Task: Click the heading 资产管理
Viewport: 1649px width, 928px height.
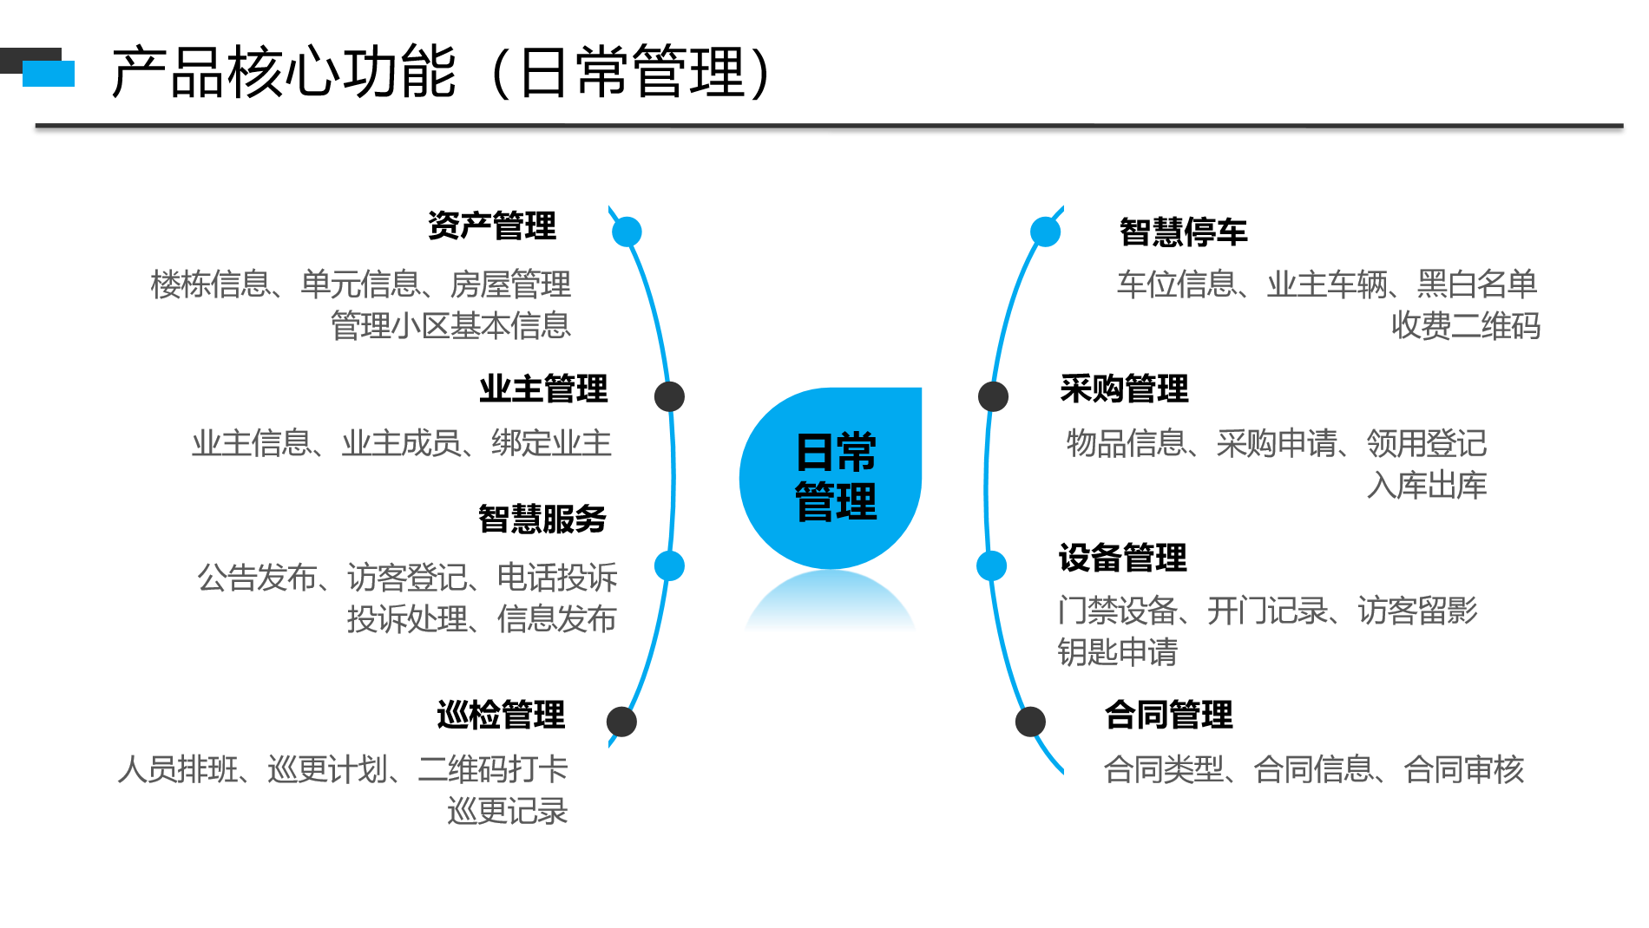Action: pos(492,225)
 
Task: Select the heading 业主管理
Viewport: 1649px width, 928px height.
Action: pos(543,389)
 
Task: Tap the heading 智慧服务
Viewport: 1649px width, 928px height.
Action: pos(542,519)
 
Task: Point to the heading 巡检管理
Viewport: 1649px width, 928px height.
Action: pos(501,715)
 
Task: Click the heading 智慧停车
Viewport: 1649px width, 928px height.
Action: pos(1183,232)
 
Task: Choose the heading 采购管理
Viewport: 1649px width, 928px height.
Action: pos(1124,389)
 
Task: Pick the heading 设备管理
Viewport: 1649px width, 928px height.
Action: pos(1122,558)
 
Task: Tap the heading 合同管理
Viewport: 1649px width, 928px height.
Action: pos(1168,715)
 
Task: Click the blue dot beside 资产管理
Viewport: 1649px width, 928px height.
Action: pos(627,232)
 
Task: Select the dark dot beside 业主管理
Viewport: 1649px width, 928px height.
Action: pos(669,396)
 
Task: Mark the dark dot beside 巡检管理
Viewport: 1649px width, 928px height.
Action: pos(621,722)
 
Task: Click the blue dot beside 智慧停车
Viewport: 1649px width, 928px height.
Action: pos(1045,232)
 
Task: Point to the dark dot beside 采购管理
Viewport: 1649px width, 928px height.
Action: pos(993,396)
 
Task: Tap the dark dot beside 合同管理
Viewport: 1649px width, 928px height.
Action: pos(1030,722)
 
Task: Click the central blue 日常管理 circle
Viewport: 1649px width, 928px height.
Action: pos(831,478)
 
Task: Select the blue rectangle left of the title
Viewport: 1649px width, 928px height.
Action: pos(49,74)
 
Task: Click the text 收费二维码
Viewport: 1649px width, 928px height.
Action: pos(1466,325)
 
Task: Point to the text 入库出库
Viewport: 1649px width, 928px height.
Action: pos(1427,485)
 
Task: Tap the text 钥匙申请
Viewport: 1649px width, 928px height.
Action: pos(1117,651)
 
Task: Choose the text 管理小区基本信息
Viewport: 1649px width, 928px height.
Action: pos(450,325)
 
